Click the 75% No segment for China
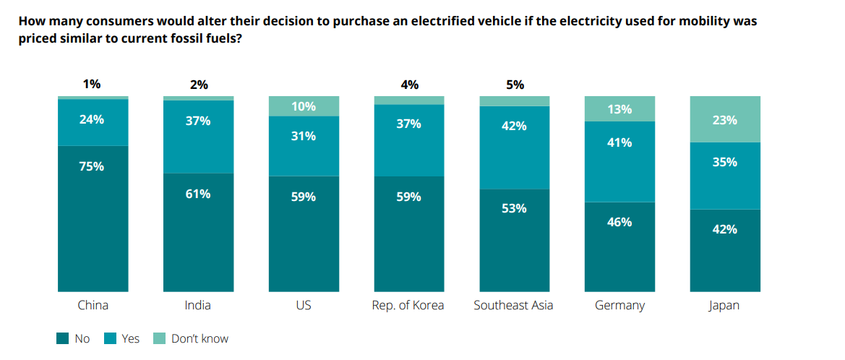(x=93, y=218)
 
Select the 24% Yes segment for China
(x=93, y=122)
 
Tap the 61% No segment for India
(x=198, y=231)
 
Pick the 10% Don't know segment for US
(x=304, y=106)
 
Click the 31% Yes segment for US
(x=304, y=146)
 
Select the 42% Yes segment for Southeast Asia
(x=515, y=147)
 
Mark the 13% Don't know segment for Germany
(x=619, y=109)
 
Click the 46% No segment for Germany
(x=619, y=246)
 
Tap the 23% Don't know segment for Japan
(x=725, y=119)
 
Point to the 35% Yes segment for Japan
(x=725, y=176)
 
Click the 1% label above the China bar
(x=92, y=85)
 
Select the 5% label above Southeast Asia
(x=515, y=85)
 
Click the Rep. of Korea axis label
(x=408, y=305)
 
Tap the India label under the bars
(x=198, y=305)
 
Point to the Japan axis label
(x=724, y=305)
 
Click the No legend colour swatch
(x=62, y=338)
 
